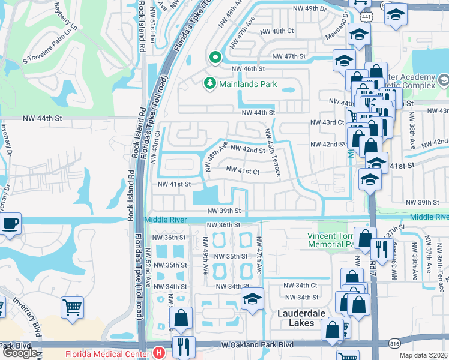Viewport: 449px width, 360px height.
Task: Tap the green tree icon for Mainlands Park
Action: pos(210,83)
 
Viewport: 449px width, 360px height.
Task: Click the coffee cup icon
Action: pos(10,224)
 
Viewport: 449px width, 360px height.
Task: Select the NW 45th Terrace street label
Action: pos(271,154)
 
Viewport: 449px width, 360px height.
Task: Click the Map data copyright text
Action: pos(424,355)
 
